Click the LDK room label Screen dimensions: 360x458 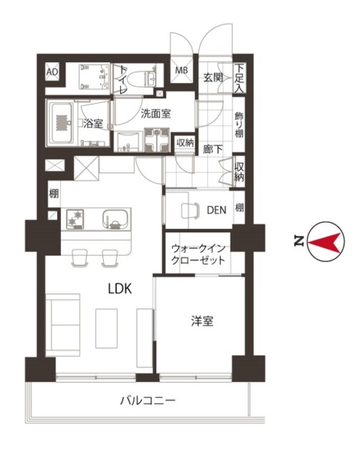pos(120,288)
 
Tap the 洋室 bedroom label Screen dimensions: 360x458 pos(203,321)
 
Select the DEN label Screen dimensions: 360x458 pos(217,210)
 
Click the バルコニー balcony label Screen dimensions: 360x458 pos(148,400)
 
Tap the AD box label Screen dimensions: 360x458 pos(52,72)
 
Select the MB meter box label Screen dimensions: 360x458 pos(182,70)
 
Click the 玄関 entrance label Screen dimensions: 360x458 pos(213,77)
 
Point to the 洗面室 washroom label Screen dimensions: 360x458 pos(156,113)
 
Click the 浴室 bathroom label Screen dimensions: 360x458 pos(93,124)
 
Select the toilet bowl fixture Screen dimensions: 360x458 pos(139,78)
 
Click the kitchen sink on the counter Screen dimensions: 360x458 pos(116,220)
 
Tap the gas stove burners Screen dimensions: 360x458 pos(75,219)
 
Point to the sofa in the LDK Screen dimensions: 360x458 pos(63,325)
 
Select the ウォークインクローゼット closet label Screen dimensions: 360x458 pos(198,254)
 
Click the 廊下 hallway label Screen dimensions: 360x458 pos(213,150)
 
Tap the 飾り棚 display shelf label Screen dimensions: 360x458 pos(239,125)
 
